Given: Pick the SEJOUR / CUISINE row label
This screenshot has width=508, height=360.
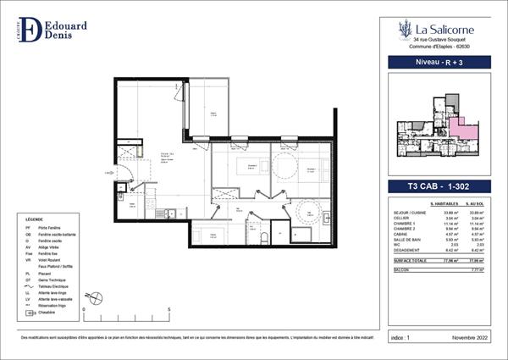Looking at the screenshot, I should coord(401,212).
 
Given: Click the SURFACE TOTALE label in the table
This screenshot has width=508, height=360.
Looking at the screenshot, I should coord(404,262).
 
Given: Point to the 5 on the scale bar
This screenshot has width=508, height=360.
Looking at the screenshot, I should coord(169,310).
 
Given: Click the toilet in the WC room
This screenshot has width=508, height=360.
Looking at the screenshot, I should coord(265,235).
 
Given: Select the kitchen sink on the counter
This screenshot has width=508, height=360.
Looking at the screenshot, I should coord(170,213).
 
